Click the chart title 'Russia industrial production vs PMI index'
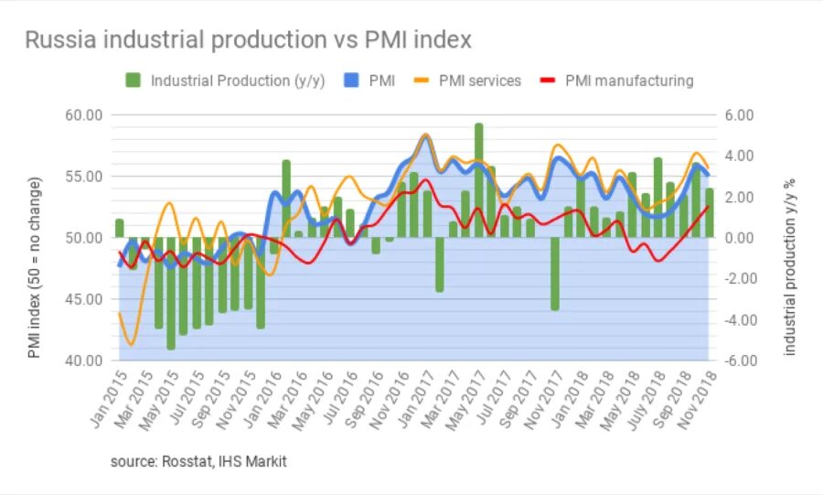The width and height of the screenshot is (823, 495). [248, 40]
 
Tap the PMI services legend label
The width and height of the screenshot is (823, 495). [479, 81]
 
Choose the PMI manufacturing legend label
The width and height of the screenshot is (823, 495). [629, 81]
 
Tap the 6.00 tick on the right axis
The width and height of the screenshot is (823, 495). [738, 115]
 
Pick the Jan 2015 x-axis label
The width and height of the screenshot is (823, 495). [108, 403]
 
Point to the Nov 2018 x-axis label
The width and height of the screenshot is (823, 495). [700, 403]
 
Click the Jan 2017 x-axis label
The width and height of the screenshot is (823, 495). [417, 403]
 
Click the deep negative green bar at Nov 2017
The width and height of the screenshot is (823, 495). [554, 274]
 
